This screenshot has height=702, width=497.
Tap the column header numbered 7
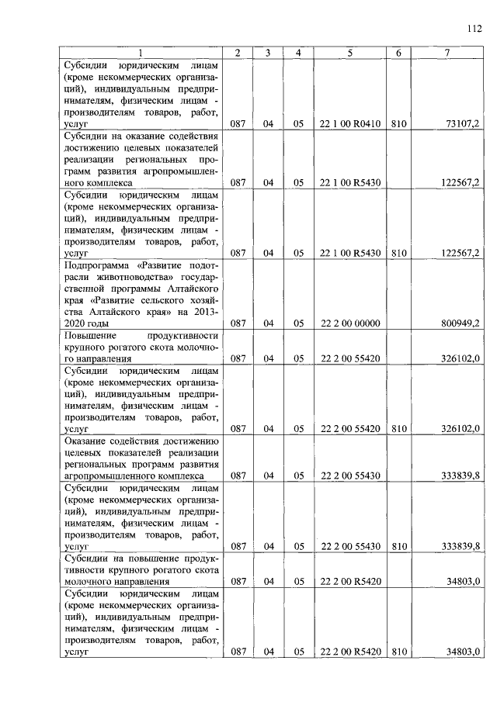coord(448,53)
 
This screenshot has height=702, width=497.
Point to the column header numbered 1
coord(141,53)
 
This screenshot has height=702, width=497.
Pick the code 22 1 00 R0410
coord(349,123)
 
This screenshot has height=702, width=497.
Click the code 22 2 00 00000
coord(349,322)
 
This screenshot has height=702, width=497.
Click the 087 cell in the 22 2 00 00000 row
coord(238,322)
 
